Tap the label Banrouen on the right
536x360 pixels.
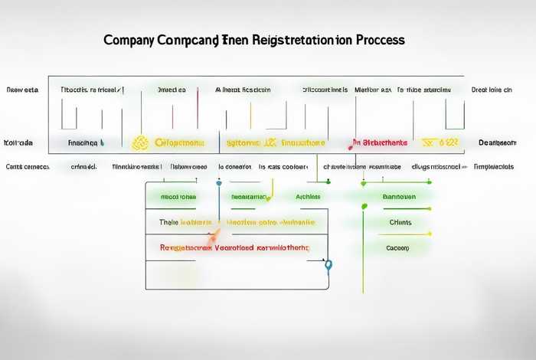click(x=398, y=197)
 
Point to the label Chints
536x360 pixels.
click(x=400, y=222)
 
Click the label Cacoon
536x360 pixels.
click(x=397, y=248)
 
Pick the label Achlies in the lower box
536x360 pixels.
click(x=308, y=197)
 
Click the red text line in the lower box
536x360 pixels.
click(x=234, y=247)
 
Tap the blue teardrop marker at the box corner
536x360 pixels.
click(x=328, y=265)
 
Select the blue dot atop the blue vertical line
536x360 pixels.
click(x=219, y=183)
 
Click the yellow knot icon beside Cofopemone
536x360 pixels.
click(x=139, y=142)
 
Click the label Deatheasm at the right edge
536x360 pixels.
click(x=498, y=142)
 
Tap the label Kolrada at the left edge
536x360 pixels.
click(x=18, y=142)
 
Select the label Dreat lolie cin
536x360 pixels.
click(x=492, y=90)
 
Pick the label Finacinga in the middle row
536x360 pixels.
click(x=83, y=142)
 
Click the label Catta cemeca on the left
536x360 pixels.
click(x=27, y=166)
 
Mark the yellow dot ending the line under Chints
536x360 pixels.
click(x=430, y=234)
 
